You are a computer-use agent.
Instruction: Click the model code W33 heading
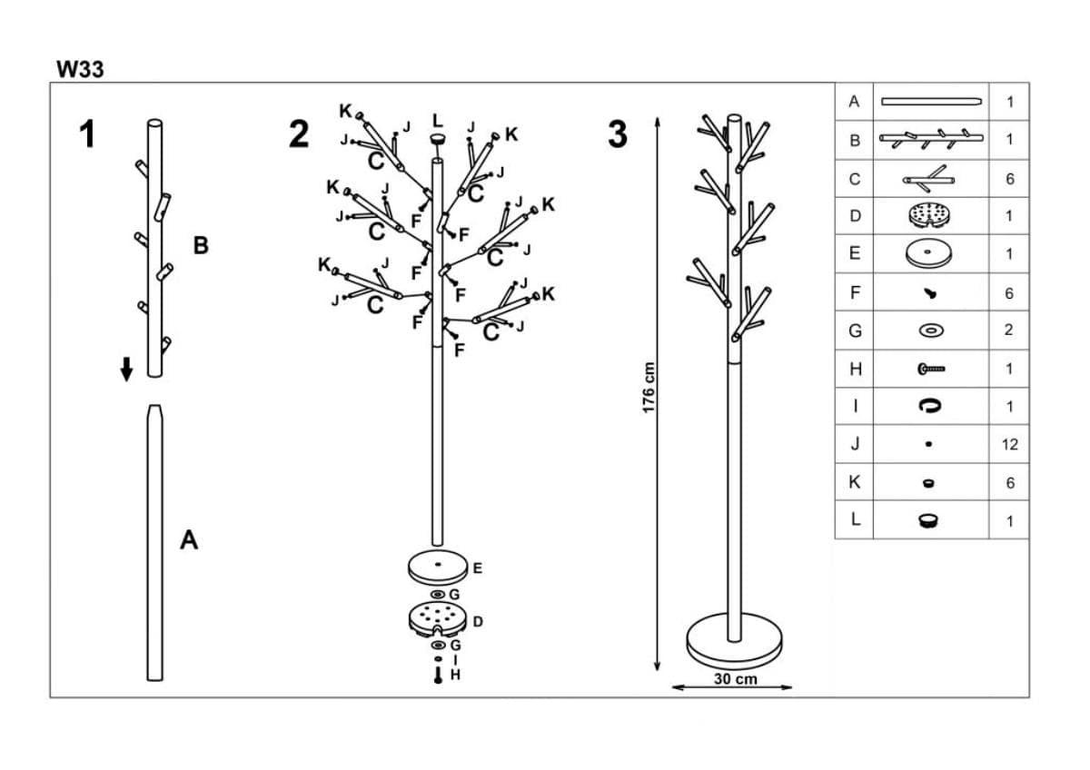pos(80,70)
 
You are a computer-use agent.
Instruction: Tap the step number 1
pos(86,134)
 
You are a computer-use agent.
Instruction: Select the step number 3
pos(618,134)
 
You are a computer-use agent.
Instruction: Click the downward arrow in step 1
pos(127,369)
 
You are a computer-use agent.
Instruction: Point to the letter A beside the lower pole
pos(189,540)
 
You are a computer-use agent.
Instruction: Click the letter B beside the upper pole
pos(202,246)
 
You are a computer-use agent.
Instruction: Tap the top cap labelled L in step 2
pos(439,139)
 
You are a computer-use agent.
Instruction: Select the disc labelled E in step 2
pos(437,568)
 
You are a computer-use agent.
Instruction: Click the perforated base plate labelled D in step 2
pos(437,620)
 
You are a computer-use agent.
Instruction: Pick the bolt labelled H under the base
pos(438,676)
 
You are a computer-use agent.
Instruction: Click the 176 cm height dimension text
pos(649,389)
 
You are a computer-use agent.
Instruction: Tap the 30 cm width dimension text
pos(735,679)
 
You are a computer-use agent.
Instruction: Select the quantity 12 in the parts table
pos(1009,445)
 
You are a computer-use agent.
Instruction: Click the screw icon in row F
pos(930,293)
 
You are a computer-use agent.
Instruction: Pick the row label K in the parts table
pos(854,483)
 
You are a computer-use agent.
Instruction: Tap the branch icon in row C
pos(929,178)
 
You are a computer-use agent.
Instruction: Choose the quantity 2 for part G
pos(1009,331)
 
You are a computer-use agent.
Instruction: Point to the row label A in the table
pos(854,102)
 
